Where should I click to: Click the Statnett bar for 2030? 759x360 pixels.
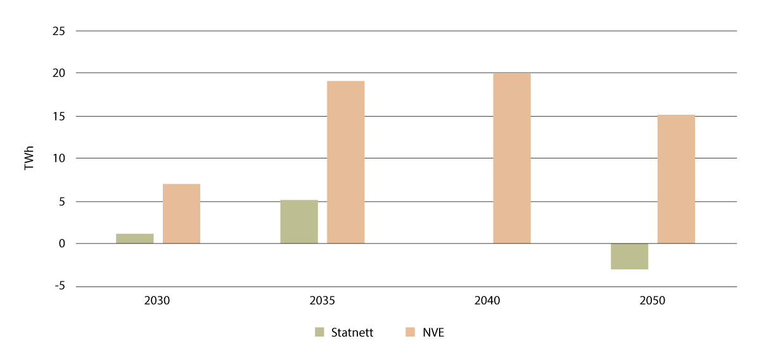pyautogui.click(x=134, y=238)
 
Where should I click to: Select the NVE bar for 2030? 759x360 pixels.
pyautogui.click(x=181, y=214)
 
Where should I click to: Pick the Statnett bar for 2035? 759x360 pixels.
pyautogui.click(x=299, y=222)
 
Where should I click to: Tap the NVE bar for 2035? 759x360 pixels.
pyautogui.click(x=346, y=162)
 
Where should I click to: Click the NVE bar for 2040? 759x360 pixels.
pyautogui.click(x=512, y=158)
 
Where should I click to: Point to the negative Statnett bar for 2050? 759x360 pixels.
pyautogui.click(x=629, y=256)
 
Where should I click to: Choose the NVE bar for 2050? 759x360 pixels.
pyautogui.click(x=676, y=179)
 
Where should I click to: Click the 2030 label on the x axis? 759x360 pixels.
pyautogui.click(x=157, y=301)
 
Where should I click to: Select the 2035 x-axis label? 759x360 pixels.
pyautogui.click(x=322, y=301)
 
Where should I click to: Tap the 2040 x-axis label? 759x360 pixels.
pyautogui.click(x=487, y=301)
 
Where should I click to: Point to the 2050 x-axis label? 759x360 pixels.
pyautogui.click(x=653, y=301)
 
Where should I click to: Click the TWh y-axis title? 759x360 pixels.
pyautogui.click(x=29, y=158)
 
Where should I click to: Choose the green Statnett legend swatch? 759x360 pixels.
pyautogui.click(x=319, y=332)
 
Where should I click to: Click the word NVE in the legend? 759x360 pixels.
pyautogui.click(x=433, y=332)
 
